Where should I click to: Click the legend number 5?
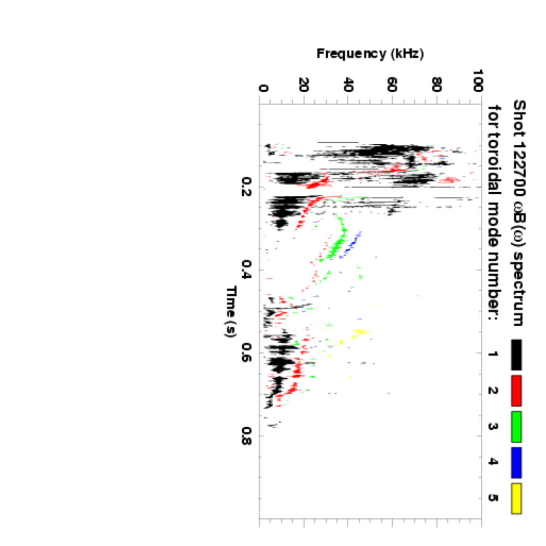(x=492, y=498)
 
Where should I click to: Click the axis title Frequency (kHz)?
(x=370, y=53)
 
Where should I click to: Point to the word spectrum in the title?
(x=518, y=289)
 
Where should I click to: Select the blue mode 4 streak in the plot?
(x=352, y=244)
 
